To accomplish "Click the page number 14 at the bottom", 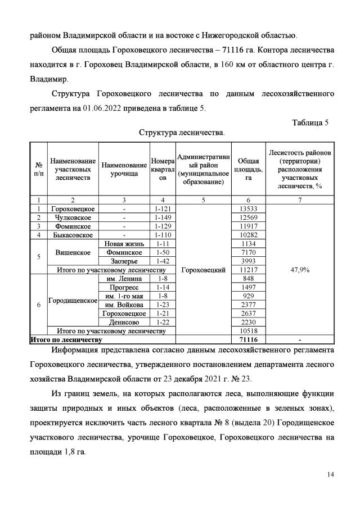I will tap(331, 475).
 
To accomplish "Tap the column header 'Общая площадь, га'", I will tap(248, 169).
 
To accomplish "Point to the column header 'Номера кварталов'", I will tap(163, 169).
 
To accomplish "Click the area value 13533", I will tap(248, 209).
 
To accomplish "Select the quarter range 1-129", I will tap(163, 226).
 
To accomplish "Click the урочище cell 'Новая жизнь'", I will tap(124, 243).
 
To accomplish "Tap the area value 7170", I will tap(248, 252).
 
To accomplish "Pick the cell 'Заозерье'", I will tap(124, 261).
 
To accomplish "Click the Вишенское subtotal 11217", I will tap(248, 270).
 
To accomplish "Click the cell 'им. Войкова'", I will tap(124, 305).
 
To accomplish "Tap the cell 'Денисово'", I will tap(124, 322).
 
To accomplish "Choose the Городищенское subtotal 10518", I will tap(248, 331).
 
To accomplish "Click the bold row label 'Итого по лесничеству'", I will tap(66, 339).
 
